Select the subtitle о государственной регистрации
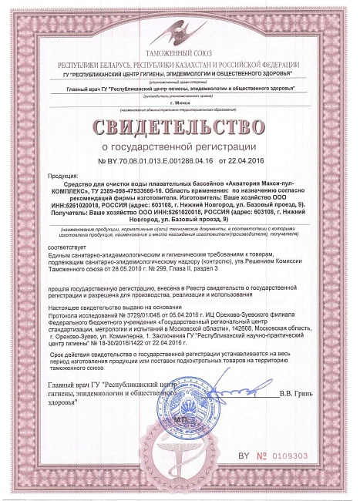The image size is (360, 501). coord(180,145)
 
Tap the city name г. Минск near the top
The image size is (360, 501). coord(179,102)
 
